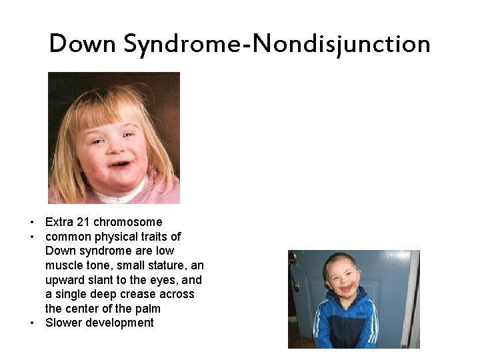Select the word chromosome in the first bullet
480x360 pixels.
pos(129,222)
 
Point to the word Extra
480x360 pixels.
pos(59,222)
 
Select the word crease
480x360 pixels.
pos(134,294)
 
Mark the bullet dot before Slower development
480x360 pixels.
pos(31,323)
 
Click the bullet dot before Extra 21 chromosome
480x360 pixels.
pos(31,222)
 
